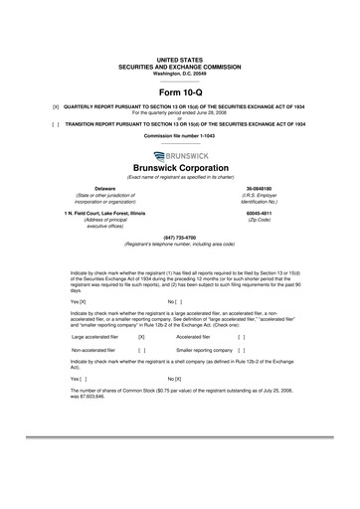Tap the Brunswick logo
(x=179, y=155)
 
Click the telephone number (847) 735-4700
(x=179, y=238)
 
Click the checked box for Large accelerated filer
(x=141, y=337)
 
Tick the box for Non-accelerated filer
(x=141, y=350)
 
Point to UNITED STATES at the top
(x=179, y=33)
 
